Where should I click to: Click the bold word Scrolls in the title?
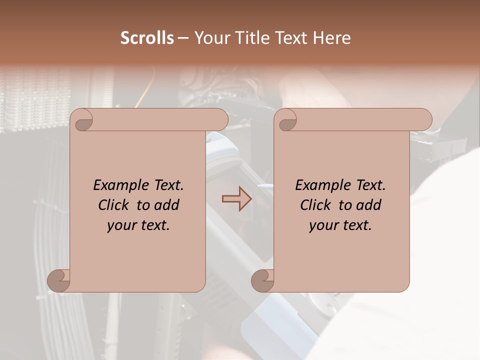point(147,38)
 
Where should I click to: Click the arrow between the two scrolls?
point(236,198)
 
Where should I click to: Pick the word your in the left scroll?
point(121,225)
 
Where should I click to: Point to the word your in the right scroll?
point(323,225)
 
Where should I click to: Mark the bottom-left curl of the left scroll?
point(59,280)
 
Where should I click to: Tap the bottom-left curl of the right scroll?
point(263,280)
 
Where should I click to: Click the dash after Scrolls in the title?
point(183,38)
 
